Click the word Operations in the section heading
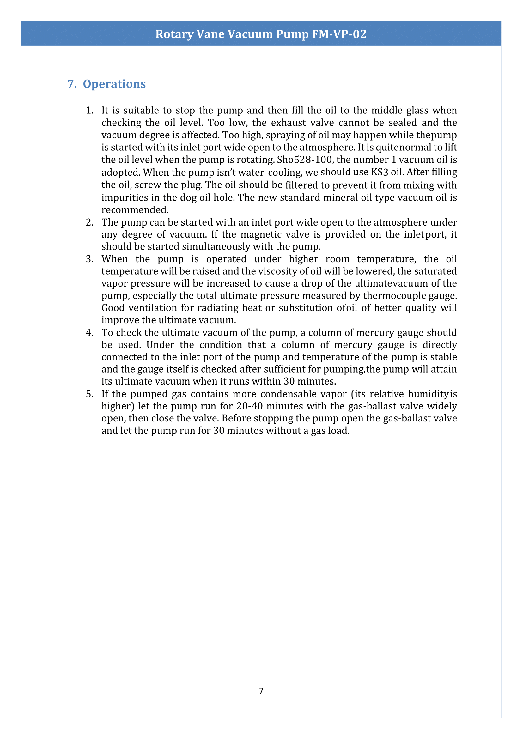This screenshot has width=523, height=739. pyautogui.click(x=114, y=84)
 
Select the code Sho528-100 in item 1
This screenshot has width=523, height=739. pyautogui.click(x=304, y=160)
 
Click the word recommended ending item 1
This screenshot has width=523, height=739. pyautogui.click(x=135, y=210)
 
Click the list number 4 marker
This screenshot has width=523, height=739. pyautogui.click(x=89, y=333)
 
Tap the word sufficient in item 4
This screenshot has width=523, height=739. pyautogui.click(x=281, y=369)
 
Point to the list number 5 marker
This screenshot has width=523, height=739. pyautogui.click(x=89, y=394)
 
